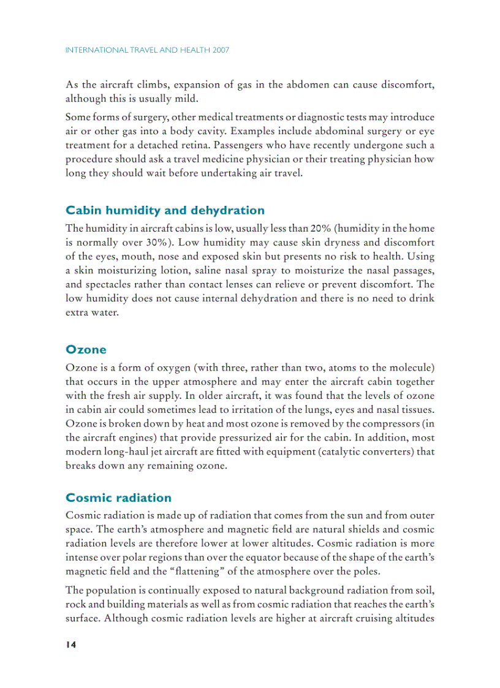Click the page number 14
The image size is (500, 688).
coord(70,645)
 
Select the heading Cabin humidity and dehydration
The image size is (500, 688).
coord(165,211)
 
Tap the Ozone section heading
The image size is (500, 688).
coord(86,350)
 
